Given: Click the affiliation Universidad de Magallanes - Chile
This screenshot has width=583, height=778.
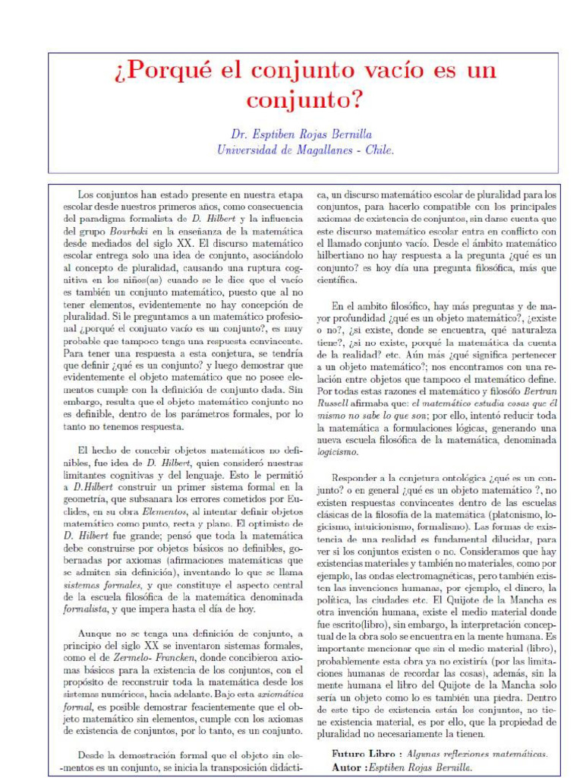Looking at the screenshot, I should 305,150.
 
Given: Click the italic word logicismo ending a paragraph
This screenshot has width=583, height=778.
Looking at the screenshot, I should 338,451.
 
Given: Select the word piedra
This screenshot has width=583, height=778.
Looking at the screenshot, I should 507,697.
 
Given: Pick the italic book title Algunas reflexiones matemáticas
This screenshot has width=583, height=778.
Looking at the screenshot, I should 476,754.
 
